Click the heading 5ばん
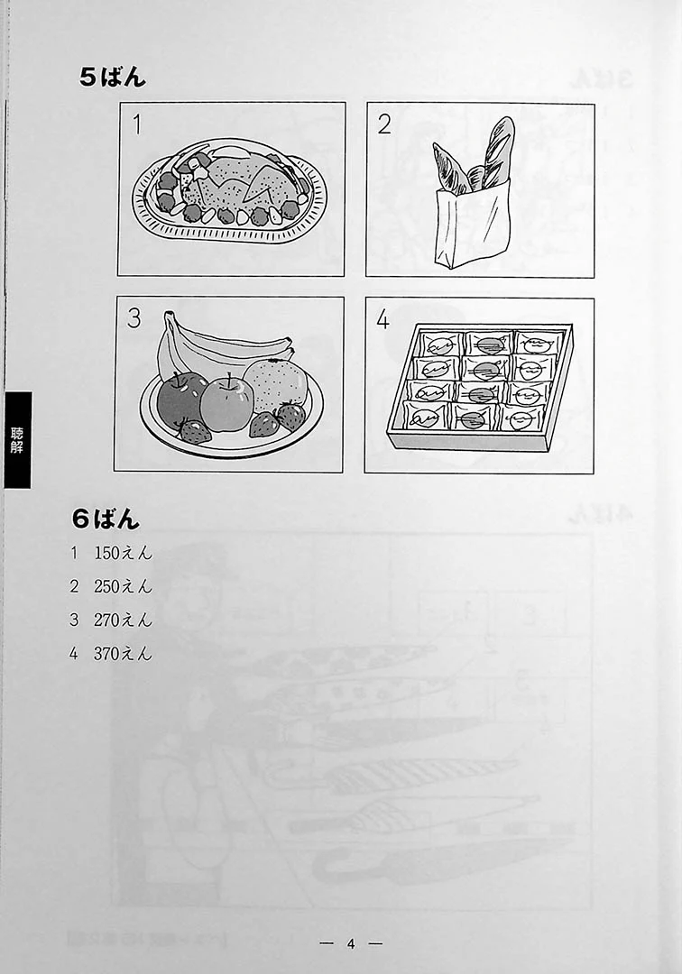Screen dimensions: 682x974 113,77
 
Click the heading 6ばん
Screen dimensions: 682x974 106,519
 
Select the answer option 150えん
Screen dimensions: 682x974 123,553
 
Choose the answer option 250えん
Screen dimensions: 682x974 123,586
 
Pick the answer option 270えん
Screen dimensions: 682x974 123,620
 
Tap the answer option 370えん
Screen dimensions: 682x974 123,654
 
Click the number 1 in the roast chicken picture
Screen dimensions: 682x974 137,124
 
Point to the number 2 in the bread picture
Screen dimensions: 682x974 384,124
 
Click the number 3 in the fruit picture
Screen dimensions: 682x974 134,318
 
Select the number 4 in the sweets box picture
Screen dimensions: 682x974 382,319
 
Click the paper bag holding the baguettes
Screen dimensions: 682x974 472,226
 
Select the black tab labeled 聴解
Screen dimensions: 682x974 17,440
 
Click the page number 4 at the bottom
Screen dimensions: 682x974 351,943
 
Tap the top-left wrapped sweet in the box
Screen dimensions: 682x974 439,343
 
